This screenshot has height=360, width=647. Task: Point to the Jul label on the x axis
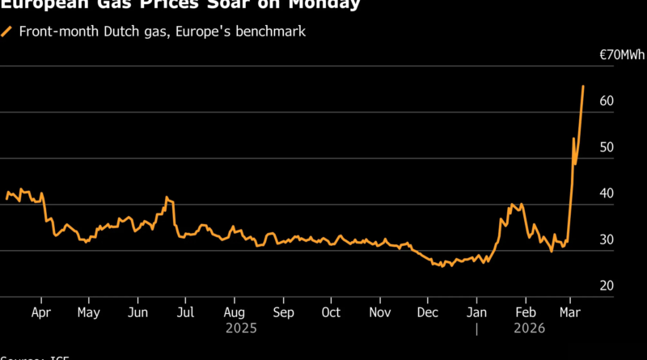click(185, 311)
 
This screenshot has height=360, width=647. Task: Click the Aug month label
click(234, 311)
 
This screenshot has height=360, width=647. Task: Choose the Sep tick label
click(283, 311)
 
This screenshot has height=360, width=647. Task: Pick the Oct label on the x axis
click(331, 311)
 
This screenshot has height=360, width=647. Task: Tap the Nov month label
click(380, 311)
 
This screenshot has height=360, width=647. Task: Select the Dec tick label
click(428, 311)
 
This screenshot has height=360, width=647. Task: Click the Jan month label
click(477, 311)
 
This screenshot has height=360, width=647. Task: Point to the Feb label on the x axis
click(526, 311)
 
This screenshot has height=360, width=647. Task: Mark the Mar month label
click(571, 311)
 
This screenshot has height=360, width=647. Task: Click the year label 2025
click(242, 328)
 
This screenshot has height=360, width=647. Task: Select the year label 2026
click(531, 328)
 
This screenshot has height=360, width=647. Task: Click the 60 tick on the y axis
click(607, 101)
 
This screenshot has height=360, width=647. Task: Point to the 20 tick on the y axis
click(607, 286)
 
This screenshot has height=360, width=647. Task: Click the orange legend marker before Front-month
click(6, 32)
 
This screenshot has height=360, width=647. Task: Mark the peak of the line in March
click(583, 85)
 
